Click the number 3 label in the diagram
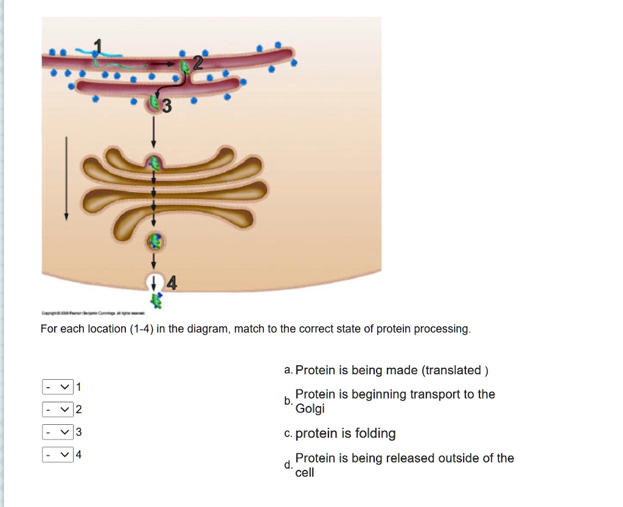pos(167,107)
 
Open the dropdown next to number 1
pos(58,386)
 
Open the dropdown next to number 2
pos(58,409)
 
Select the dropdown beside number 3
pos(58,432)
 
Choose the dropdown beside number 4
pos(58,454)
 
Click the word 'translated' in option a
pos(453,370)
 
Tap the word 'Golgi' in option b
pos(310,408)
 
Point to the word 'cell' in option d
pos(304,472)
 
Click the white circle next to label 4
pos(154,282)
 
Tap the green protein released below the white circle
pos(157,299)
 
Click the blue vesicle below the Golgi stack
pos(155,242)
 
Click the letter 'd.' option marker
pos(287,465)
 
